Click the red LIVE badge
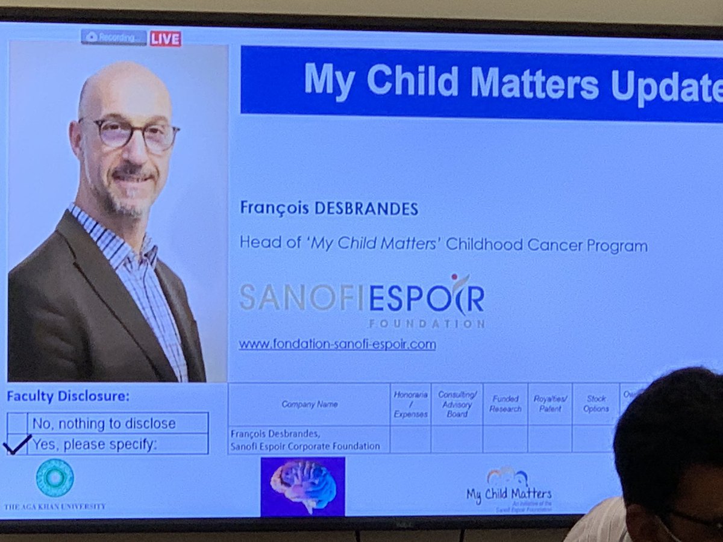[166, 39]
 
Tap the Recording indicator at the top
[114, 37]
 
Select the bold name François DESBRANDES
[329, 209]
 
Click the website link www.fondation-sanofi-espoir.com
[337, 344]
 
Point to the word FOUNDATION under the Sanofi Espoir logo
[425, 324]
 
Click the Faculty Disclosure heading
[68, 396]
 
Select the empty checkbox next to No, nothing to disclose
[17, 423]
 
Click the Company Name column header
[309, 404]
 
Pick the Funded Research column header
[505, 403]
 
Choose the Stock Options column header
[595, 403]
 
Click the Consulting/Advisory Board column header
[457, 404]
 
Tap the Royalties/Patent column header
[550, 403]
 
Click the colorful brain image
[302, 485]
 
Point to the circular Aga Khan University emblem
[54, 478]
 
